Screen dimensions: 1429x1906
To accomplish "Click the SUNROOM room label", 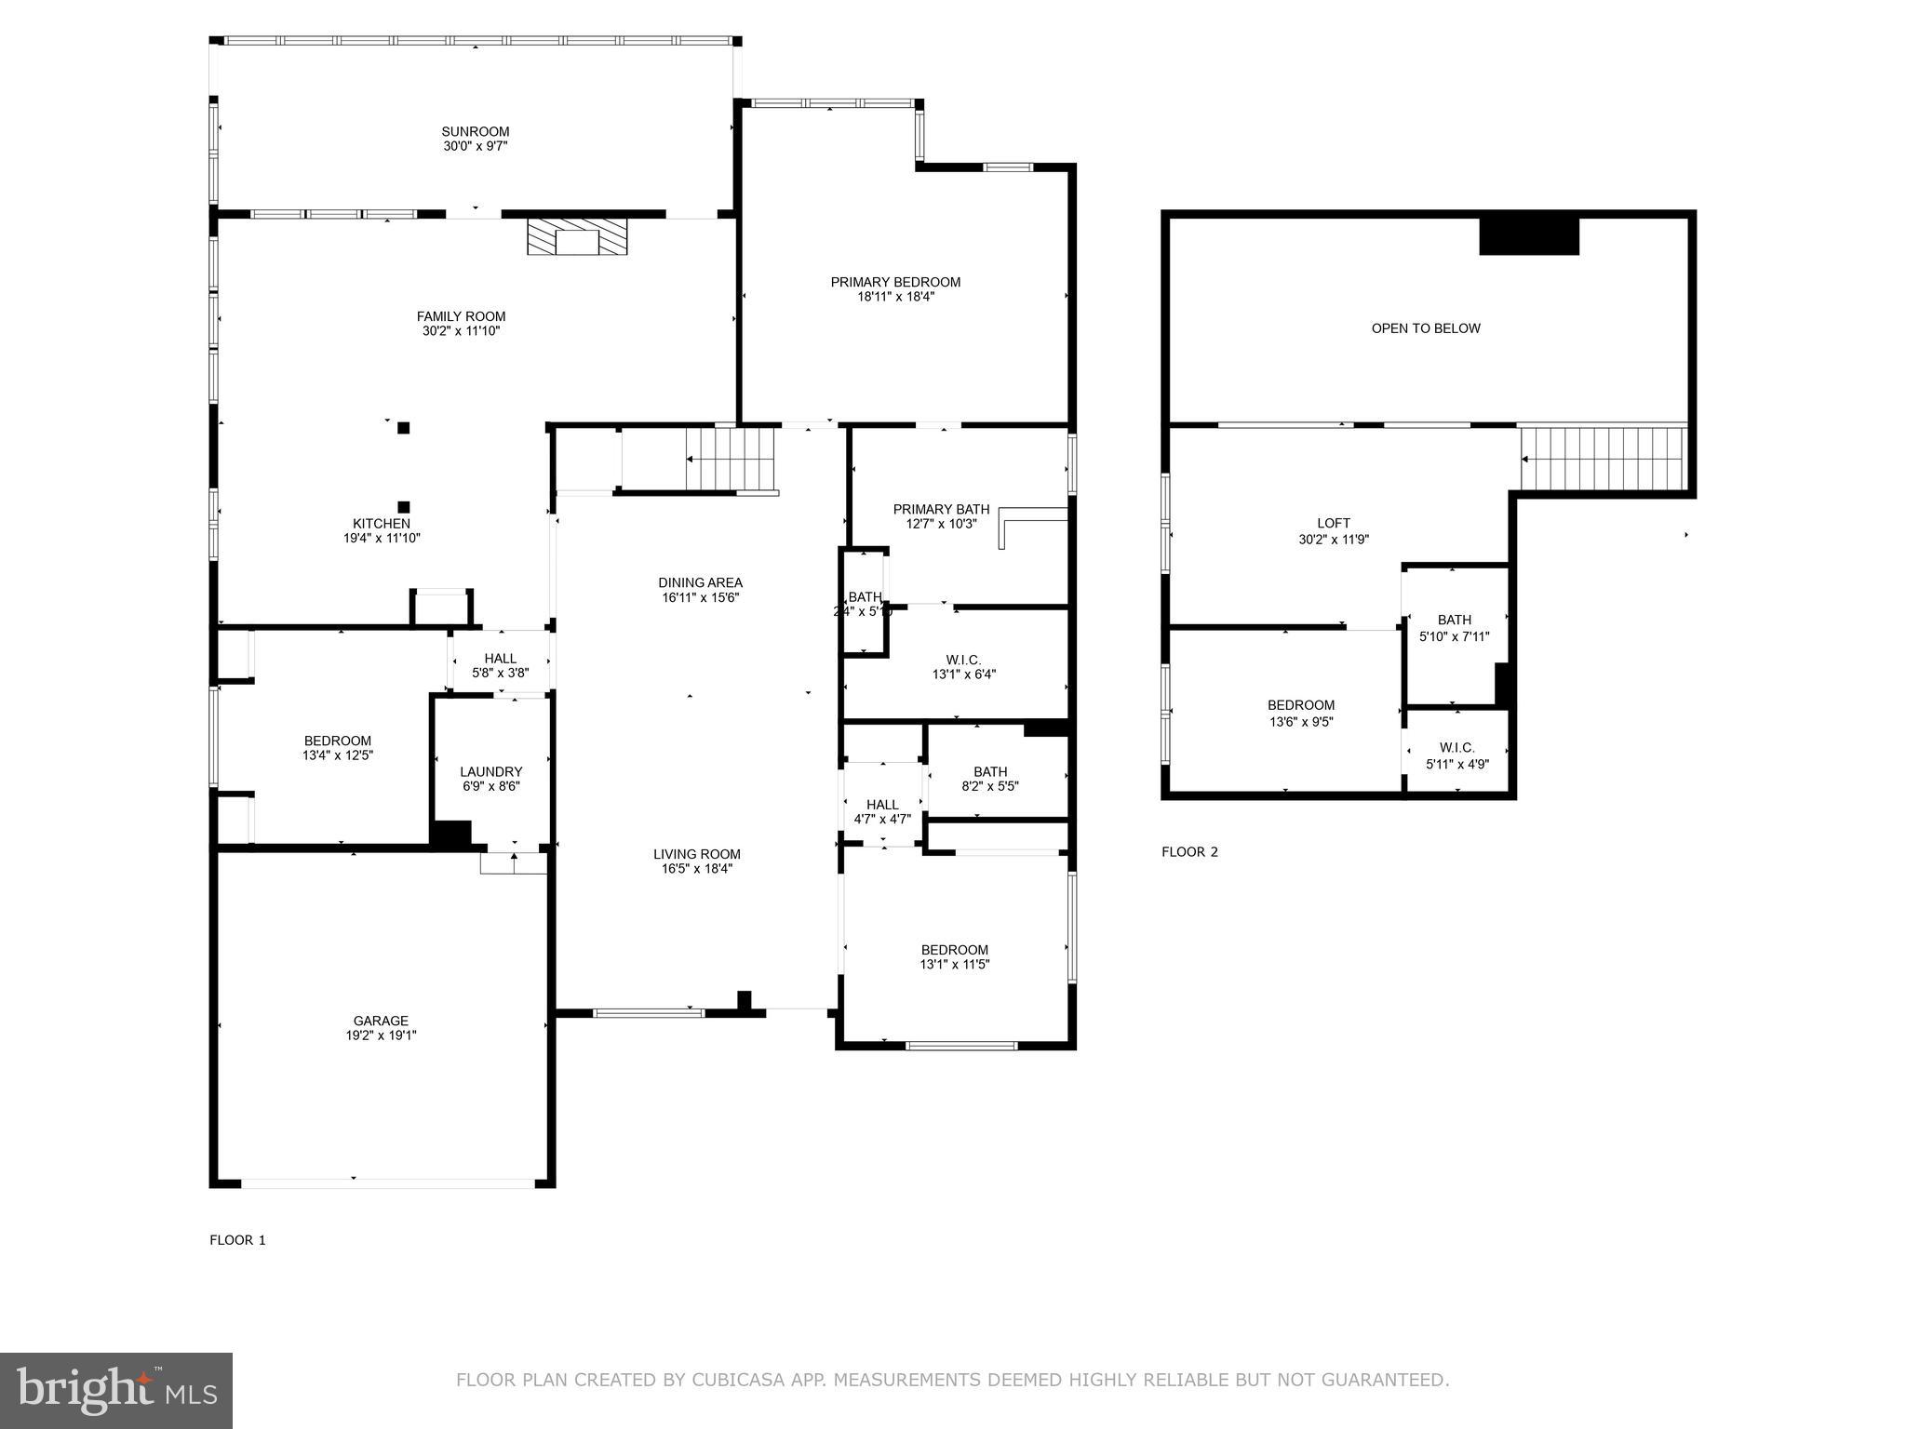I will tap(475, 131).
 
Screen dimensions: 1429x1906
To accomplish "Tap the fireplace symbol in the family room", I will tap(577, 237).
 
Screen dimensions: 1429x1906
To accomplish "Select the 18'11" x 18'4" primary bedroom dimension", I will tap(895, 297).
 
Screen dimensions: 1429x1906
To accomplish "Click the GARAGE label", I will tap(381, 1021).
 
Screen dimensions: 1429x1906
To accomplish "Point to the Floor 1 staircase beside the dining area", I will tap(731, 459).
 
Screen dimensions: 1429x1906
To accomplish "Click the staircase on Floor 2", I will tap(1603, 459).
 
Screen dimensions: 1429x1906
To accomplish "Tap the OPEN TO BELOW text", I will tap(1425, 328).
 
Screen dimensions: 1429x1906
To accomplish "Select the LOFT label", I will tap(1333, 523).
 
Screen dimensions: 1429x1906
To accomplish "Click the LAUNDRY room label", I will tap(490, 771).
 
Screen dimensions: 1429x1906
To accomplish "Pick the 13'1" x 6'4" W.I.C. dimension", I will tap(963, 674).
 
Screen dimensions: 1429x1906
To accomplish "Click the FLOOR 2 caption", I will tap(1189, 851).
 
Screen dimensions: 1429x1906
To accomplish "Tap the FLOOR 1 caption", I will tap(237, 1239).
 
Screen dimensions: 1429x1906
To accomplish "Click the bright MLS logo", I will tap(116, 1390).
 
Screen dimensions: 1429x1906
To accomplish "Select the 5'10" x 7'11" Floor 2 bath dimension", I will tap(1454, 637).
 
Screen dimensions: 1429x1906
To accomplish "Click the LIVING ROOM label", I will tap(696, 854).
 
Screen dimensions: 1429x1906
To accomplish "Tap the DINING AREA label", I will tap(700, 583).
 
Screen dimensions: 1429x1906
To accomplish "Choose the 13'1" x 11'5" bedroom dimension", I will tap(954, 965).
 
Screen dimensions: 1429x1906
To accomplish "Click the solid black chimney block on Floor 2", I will tap(1528, 235).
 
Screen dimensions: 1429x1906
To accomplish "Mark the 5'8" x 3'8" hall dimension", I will tap(500, 673).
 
